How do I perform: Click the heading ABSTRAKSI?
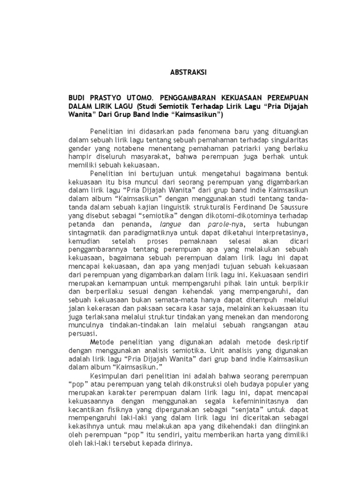coord(187,73)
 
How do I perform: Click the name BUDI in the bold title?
coord(78,97)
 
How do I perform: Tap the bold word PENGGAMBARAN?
coord(195,97)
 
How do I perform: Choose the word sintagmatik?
coord(86,232)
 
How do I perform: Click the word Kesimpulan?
coord(107,376)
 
